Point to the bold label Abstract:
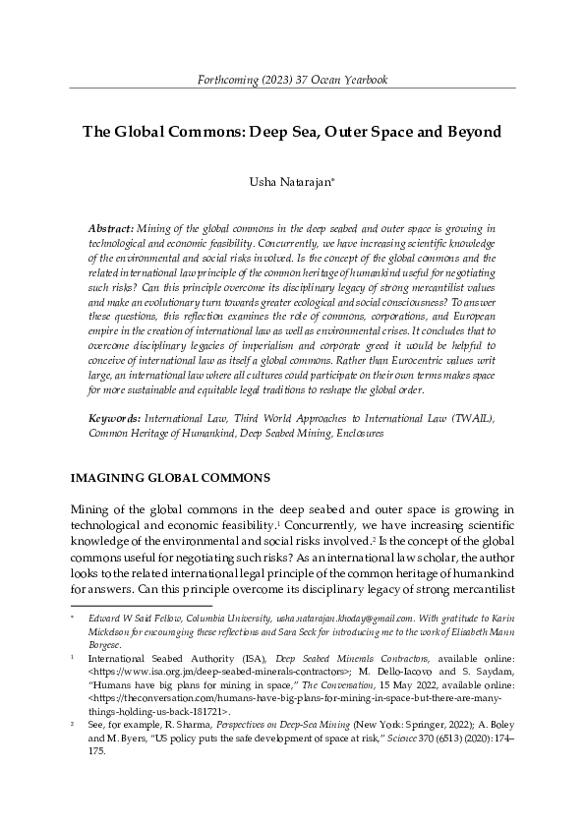[112, 226]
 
